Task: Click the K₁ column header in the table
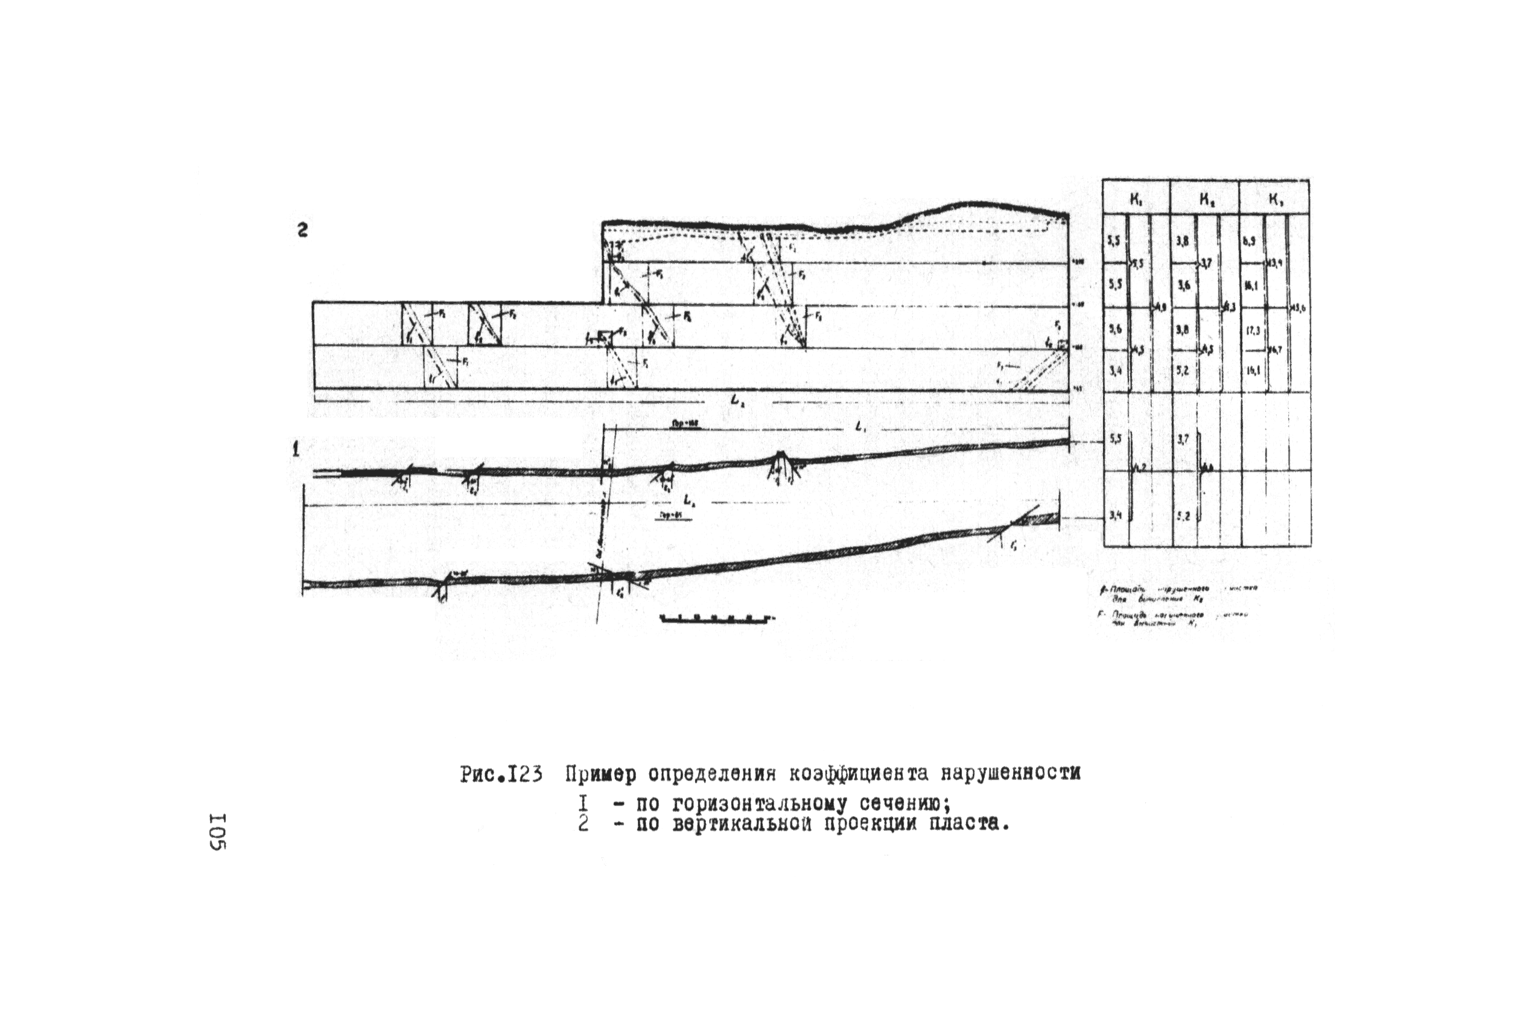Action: (x=1136, y=197)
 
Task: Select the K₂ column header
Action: (x=1206, y=197)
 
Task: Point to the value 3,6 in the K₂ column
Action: (x=1183, y=286)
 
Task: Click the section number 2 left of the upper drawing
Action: (x=302, y=231)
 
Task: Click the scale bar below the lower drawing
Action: (x=715, y=619)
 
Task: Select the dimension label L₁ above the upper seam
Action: (x=860, y=428)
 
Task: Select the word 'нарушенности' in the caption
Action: (x=1011, y=773)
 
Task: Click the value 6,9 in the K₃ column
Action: (x=1250, y=241)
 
